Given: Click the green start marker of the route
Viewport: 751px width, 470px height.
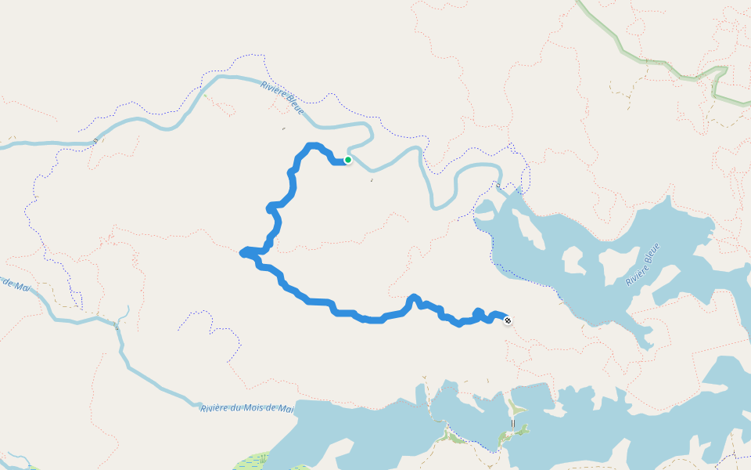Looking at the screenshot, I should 348,160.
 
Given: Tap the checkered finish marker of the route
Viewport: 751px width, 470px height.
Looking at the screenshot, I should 508,320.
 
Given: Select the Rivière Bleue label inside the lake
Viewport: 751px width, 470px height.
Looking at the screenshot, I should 642,264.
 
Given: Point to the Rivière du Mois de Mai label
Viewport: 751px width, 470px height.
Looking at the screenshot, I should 247,408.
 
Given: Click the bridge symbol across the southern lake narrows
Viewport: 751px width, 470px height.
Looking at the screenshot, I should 513,424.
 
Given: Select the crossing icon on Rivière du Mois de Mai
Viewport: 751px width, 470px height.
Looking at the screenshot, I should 117,325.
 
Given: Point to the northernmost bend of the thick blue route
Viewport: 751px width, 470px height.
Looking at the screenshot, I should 314,146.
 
